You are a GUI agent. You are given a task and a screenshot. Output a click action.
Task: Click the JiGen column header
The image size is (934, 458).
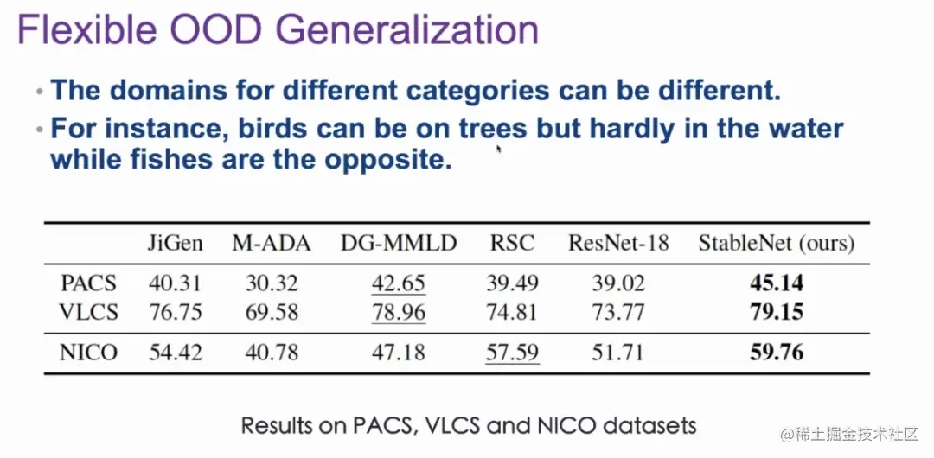tap(176, 243)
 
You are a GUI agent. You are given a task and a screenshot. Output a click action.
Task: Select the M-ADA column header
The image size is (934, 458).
tap(272, 243)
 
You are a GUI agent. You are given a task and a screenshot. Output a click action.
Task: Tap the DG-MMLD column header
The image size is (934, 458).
tap(399, 243)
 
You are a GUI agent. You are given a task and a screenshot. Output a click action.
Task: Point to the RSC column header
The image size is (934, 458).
tap(512, 243)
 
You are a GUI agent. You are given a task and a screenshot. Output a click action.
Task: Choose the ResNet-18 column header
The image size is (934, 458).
tap(618, 243)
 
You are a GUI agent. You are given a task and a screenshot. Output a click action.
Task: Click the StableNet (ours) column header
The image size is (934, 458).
tap(777, 243)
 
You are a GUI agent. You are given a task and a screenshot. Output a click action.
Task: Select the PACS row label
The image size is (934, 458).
tap(89, 283)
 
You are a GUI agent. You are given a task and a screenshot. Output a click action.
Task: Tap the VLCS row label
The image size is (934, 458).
tap(88, 311)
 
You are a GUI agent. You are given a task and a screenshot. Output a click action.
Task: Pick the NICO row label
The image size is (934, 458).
tap(89, 352)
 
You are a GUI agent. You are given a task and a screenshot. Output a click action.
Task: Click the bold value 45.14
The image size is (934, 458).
tap(777, 283)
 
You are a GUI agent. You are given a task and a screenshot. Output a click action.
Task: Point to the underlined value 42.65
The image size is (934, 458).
tap(399, 283)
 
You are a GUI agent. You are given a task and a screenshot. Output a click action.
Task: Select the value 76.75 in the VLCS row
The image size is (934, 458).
tap(176, 311)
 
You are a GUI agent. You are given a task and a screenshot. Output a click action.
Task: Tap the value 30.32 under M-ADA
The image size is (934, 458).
tap(272, 283)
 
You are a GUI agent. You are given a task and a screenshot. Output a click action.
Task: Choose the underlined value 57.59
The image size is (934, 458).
tap(512, 352)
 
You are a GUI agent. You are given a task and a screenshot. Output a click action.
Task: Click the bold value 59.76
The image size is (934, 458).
tap(777, 352)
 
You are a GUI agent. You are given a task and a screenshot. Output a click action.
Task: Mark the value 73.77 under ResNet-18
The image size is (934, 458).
tap(618, 311)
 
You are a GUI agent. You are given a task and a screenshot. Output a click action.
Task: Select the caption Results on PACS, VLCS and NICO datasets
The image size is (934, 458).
tap(469, 425)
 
